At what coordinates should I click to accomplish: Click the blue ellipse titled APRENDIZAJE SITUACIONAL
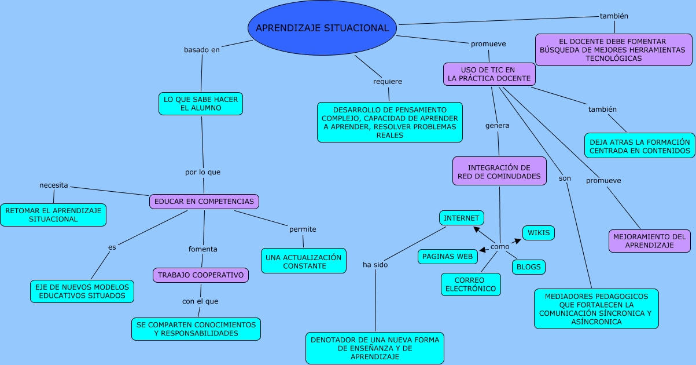322,28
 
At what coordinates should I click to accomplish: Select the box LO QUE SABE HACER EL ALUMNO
201,104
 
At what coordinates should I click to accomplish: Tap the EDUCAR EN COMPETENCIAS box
204,202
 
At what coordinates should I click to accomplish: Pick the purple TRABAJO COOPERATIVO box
201,275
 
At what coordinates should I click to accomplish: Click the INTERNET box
461,218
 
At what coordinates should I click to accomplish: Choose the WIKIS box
539,233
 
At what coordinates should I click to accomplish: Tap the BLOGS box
528,267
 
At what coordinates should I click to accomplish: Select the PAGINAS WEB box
448,256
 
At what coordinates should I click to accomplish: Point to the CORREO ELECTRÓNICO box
470,284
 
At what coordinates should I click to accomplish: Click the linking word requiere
388,82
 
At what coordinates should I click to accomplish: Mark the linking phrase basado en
202,50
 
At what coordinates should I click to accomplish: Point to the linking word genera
497,125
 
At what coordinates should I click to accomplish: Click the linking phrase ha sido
375,265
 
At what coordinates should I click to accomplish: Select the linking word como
500,247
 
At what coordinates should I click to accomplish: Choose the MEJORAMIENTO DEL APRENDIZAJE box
649,241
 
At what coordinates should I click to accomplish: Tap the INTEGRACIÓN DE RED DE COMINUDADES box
499,171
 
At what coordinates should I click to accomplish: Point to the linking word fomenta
203,249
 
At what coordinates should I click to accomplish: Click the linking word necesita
54,185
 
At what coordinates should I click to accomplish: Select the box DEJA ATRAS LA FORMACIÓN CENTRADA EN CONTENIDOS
639,146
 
